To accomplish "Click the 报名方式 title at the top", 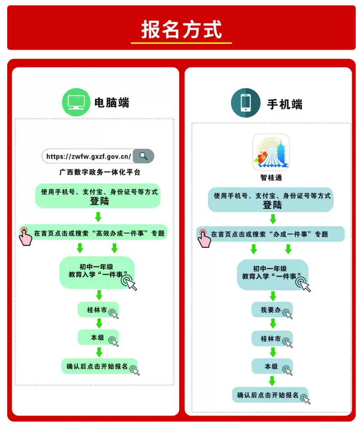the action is pyautogui.click(x=181, y=30).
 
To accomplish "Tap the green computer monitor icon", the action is pyautogui.click(x=76, y=102).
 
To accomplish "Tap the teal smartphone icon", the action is pyautogui.click(x=245, y=103).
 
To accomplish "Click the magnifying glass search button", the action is pyautogui.click(x=144, y=156).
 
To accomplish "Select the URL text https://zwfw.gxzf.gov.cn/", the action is pyautogui.click(x=88, y=156).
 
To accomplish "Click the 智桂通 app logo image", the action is pyautogui.click(x=271, y=152).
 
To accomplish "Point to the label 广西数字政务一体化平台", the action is pyautogui.click(x=100, y=172).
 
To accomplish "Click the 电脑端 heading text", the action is pyautogui.click(x=112, y=103).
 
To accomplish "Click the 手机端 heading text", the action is pyautogui.click(x=285, y=104).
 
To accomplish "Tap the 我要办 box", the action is pyautogui.click(x=272, y=310).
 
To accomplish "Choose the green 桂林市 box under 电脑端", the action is pyautogui.click(x=98, y=309).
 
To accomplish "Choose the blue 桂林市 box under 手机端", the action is pyautogui.click(x=272, y=339).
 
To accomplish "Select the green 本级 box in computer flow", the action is pyautogui.click(x=98, y=337).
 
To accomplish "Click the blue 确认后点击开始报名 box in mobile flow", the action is pyautogui.click(x=270, y=395).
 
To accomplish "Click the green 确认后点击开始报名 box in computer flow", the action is pyautogui.click(x=99, y=366).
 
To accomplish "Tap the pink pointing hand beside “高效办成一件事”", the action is pyautogui.click(x=25, y=237).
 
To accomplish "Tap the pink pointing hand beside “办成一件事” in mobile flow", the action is pyautogui.click(x=204, y=238).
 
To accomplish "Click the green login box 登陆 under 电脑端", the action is pyautogui.click(x=98, y=196).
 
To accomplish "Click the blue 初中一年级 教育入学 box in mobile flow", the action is pyautogui.click(x=273, y=274).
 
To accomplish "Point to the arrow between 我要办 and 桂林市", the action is pyautogui.click(x=273, y=324).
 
